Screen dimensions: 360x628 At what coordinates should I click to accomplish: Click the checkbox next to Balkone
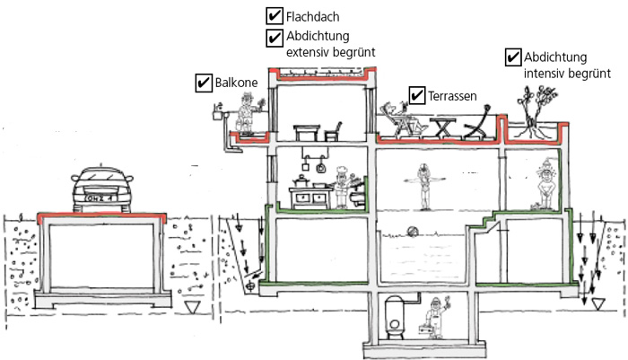click(x=203, y=83)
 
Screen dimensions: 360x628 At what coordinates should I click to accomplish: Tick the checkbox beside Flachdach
click(x=275, y=16)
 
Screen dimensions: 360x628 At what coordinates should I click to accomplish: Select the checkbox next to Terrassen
click(x=416, y=94)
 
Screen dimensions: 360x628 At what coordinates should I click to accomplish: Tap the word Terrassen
click(x=451, y=94)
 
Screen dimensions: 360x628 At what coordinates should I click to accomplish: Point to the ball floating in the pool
click(x=413, y=230)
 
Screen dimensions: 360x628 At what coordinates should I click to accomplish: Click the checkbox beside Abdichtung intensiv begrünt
click(x=513, y=57)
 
